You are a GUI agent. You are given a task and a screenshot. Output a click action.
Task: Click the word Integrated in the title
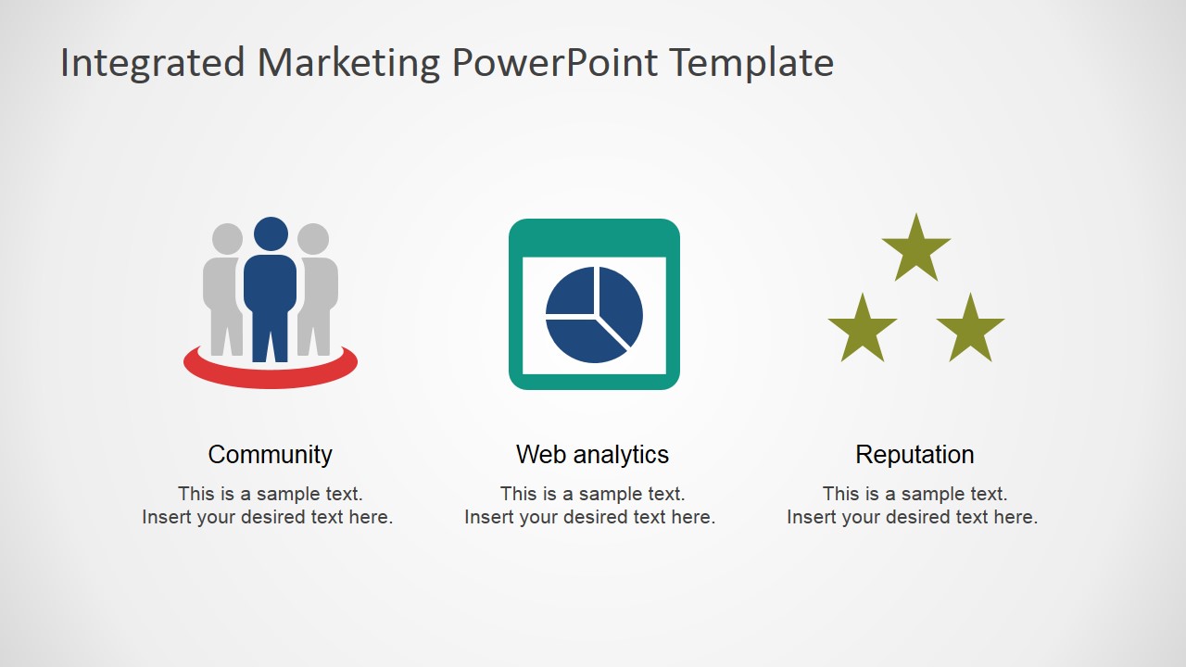[153, 63]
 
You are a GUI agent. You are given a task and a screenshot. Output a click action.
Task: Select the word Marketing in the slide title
[348, 63]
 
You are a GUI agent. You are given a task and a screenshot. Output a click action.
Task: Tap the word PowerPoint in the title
[555, 63]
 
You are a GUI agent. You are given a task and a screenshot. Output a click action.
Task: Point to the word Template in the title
[751, 63]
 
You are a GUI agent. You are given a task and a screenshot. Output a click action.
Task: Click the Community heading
[270, 455]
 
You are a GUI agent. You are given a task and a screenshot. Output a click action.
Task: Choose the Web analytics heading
[592, 455]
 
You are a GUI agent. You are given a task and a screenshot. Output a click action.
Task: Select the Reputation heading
[915, 455]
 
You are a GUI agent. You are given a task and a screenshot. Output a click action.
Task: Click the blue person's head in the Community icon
[271, 233]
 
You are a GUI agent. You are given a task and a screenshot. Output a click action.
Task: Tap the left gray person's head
[227, 239]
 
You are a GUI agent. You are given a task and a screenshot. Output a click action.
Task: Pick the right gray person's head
[313, 239]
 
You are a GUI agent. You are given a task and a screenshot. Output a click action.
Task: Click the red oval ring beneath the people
[271, 377]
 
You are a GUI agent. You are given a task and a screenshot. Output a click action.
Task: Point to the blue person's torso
[271, 287]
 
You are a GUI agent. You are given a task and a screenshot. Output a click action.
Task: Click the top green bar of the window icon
[594, 237]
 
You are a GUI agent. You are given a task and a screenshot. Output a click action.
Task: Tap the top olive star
[916, 249]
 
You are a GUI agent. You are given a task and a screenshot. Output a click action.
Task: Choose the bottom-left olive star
[863, 330]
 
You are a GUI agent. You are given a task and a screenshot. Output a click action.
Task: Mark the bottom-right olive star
[970, 330]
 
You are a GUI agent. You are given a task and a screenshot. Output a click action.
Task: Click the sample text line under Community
[270, 494]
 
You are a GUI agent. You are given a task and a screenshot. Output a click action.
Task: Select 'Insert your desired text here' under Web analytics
[589, 517]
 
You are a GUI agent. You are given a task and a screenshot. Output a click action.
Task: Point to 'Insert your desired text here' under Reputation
[912, 517]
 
